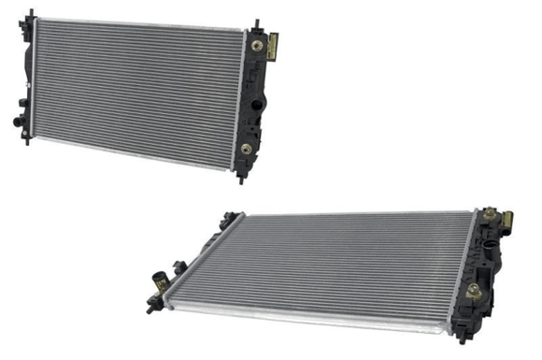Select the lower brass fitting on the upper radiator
coord(246,149)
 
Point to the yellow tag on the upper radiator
coord(274,45)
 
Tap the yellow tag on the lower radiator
coord(506,223)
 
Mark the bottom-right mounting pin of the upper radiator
coord(240,178)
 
